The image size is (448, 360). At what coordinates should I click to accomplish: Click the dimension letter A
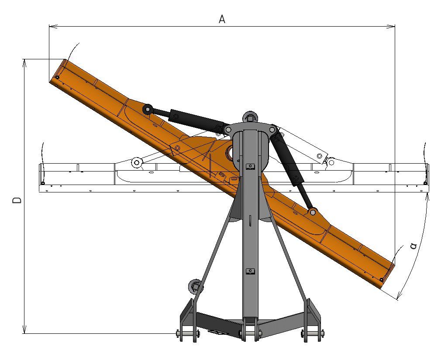pos(222,19)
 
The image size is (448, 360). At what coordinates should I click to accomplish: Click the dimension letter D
pos(17,200)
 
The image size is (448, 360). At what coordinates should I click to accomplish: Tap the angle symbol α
pos(413,246)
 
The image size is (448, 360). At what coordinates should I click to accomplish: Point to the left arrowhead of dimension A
pos(53,27)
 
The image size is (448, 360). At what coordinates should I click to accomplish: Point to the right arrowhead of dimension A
pos(390,27)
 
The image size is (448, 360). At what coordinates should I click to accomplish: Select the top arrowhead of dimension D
pos(25,63)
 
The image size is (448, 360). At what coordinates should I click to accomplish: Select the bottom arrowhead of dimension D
pos(25,329)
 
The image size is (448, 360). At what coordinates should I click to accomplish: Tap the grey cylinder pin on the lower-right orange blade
pos(313,212)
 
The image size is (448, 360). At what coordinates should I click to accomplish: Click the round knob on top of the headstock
pos(250,117)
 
